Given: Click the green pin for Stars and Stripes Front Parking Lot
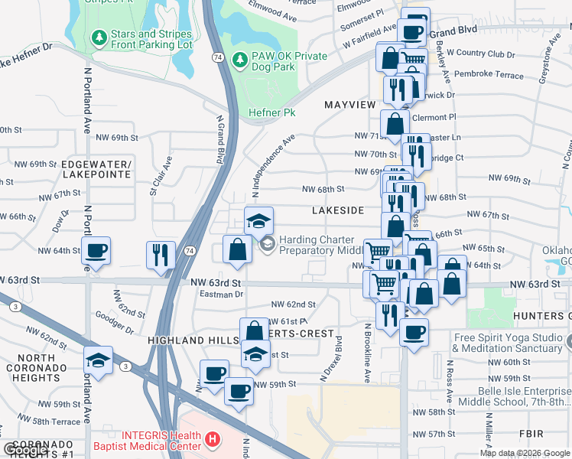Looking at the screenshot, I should tap(98, 37).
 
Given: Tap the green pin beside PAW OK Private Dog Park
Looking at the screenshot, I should tap(239, 59).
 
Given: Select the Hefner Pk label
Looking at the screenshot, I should tap(271, 112).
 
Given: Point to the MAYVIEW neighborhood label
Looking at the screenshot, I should tap(350, 104).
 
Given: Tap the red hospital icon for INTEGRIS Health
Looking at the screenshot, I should tap(212, 441).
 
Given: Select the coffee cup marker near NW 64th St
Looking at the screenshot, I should tap(96, 250).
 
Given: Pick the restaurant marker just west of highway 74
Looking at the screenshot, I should tap(161, 255).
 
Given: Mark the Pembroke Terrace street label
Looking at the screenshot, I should tap(489, 75).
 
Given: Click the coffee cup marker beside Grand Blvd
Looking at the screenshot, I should tap(411, 32).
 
